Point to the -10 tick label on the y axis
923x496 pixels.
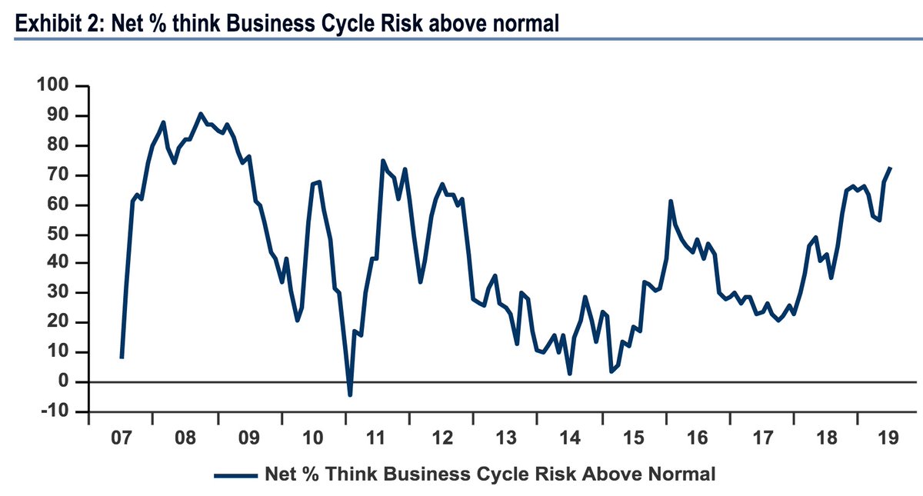55,412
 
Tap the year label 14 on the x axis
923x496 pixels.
570,439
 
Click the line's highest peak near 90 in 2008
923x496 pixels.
200,114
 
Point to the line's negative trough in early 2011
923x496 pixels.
350,394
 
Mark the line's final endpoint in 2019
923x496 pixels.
891,168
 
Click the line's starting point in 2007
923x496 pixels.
122,358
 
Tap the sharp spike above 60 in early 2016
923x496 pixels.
671,201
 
